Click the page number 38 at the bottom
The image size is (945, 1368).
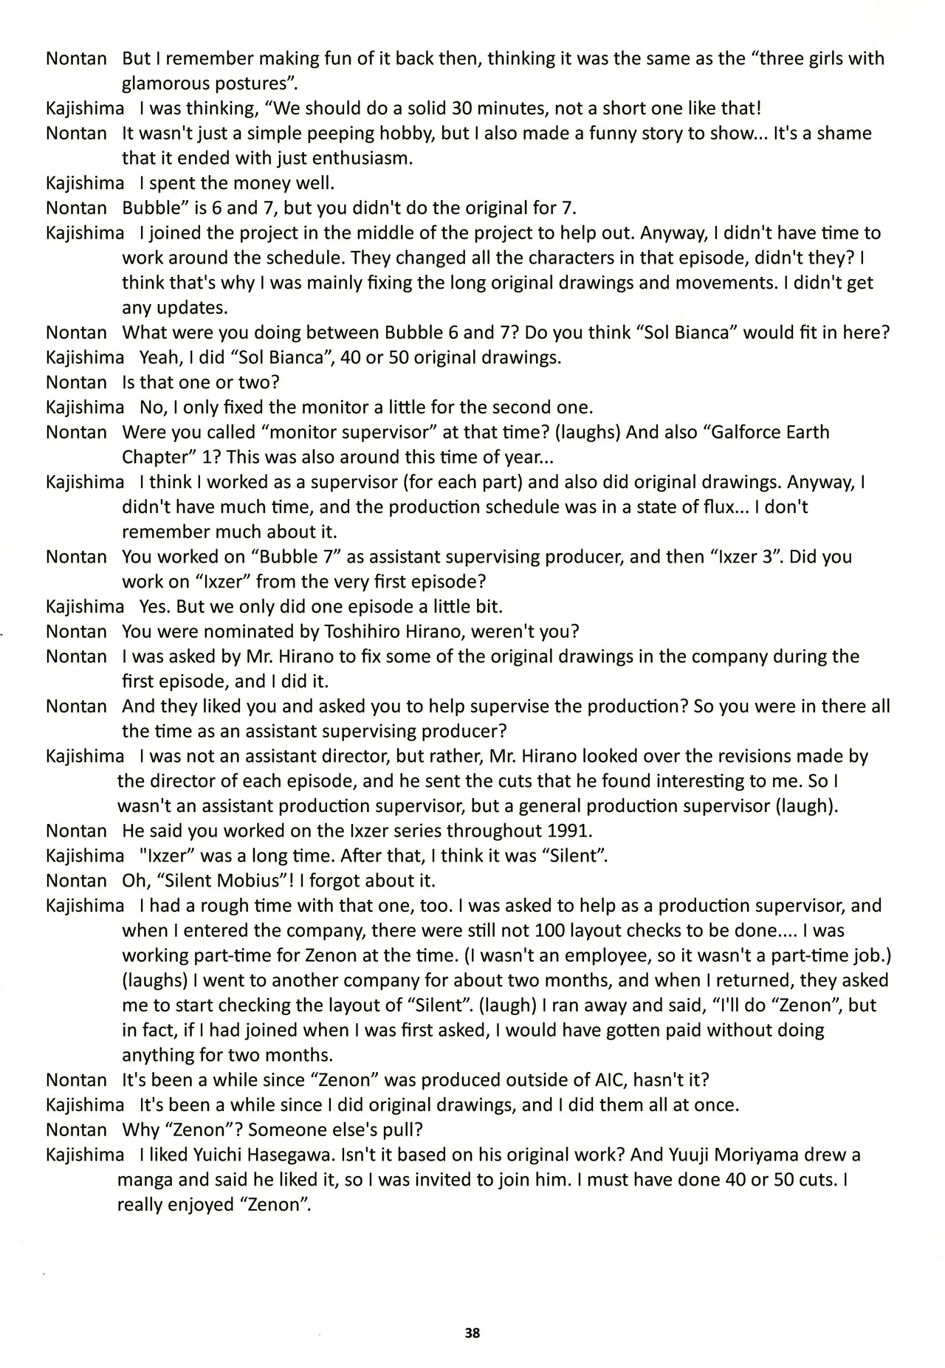tap(472, 1333)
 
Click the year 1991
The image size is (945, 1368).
tap(567, 831)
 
